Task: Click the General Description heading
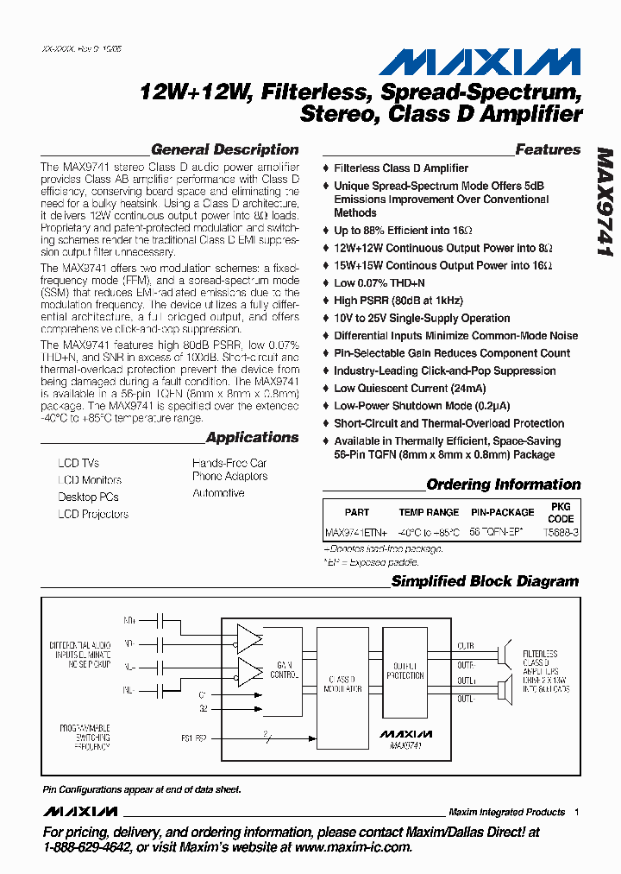(x=224, y=149)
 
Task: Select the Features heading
(x=548, y=149)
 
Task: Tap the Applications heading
(x=252, y=437)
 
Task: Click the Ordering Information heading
(x=504, y=484)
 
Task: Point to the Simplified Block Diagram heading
(x=485, y=581)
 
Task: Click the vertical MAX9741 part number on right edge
(x=604, y=204)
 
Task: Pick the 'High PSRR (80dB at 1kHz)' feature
(x=398, y=301)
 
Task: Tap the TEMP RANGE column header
(x=429, y=512)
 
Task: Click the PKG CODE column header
(x=561, y=512)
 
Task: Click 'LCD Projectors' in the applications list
(x=93, y=514)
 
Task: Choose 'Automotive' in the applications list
(x=218, y=493)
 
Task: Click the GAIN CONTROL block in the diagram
(x=285, y=670)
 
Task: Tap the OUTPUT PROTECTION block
(x=405, y=670)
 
